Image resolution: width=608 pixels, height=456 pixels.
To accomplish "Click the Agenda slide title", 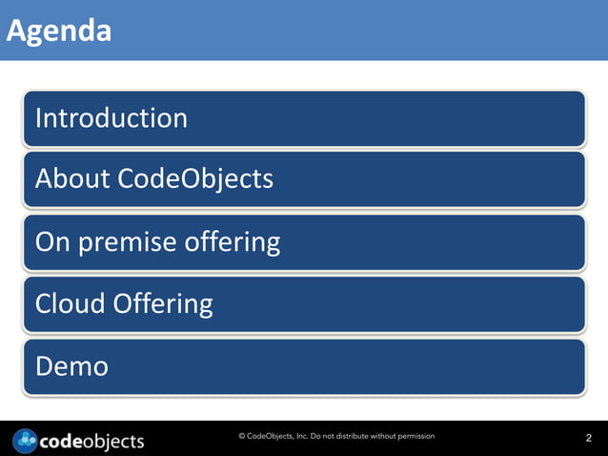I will point(59,31).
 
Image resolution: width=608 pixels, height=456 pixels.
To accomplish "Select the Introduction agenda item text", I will point(111,118).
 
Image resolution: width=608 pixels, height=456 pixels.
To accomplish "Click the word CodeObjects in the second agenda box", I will point(195,178).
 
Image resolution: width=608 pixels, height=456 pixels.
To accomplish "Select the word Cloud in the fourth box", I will point(70,304).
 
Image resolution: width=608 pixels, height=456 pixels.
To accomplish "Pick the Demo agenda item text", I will point(71,366).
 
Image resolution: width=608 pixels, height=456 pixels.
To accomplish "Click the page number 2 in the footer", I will point(588,439).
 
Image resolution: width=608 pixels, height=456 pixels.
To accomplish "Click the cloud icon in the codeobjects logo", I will point(27,441).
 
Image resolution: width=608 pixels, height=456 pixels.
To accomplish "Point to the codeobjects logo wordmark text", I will point(93,441).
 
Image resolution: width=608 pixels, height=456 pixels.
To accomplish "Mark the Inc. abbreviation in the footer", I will point(297,436).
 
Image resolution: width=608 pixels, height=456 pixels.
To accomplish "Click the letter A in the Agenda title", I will point(16,31).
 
